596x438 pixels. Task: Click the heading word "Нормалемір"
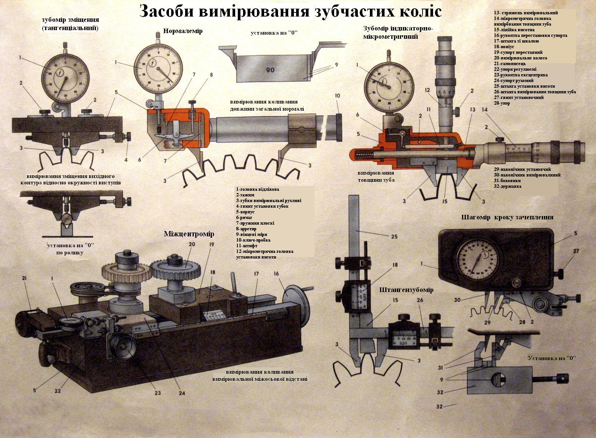(183, 31)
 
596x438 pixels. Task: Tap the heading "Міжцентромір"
(189, 234)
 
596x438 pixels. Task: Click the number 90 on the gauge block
(270, 70)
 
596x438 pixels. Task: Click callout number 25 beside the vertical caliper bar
(394, 236)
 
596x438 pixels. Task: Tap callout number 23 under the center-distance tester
(157, 393)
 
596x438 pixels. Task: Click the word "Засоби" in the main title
(161, 11)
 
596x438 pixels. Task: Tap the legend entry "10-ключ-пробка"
(253, 240)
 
